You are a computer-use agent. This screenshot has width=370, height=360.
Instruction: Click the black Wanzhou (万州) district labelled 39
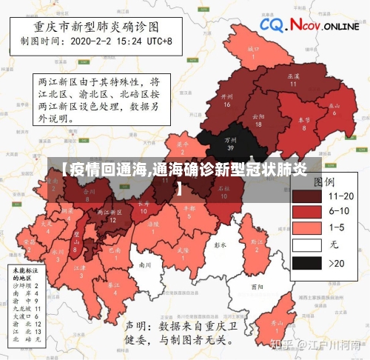[231, 142]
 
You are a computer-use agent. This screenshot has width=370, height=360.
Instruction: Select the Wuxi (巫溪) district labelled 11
[292, 79]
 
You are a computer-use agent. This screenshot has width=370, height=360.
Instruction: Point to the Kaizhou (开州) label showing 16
[227, 100]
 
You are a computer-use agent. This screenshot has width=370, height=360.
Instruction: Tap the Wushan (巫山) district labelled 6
[335, 108]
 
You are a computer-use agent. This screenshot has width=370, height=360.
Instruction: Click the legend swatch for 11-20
[306, 196]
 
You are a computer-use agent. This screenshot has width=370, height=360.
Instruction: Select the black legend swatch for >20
[306, 263]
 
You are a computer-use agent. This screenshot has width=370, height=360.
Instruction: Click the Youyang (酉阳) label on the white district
[257, 286]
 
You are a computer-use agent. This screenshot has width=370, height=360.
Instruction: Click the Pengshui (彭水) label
[218, 244]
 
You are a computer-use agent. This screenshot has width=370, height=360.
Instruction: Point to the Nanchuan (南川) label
[145, 264]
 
